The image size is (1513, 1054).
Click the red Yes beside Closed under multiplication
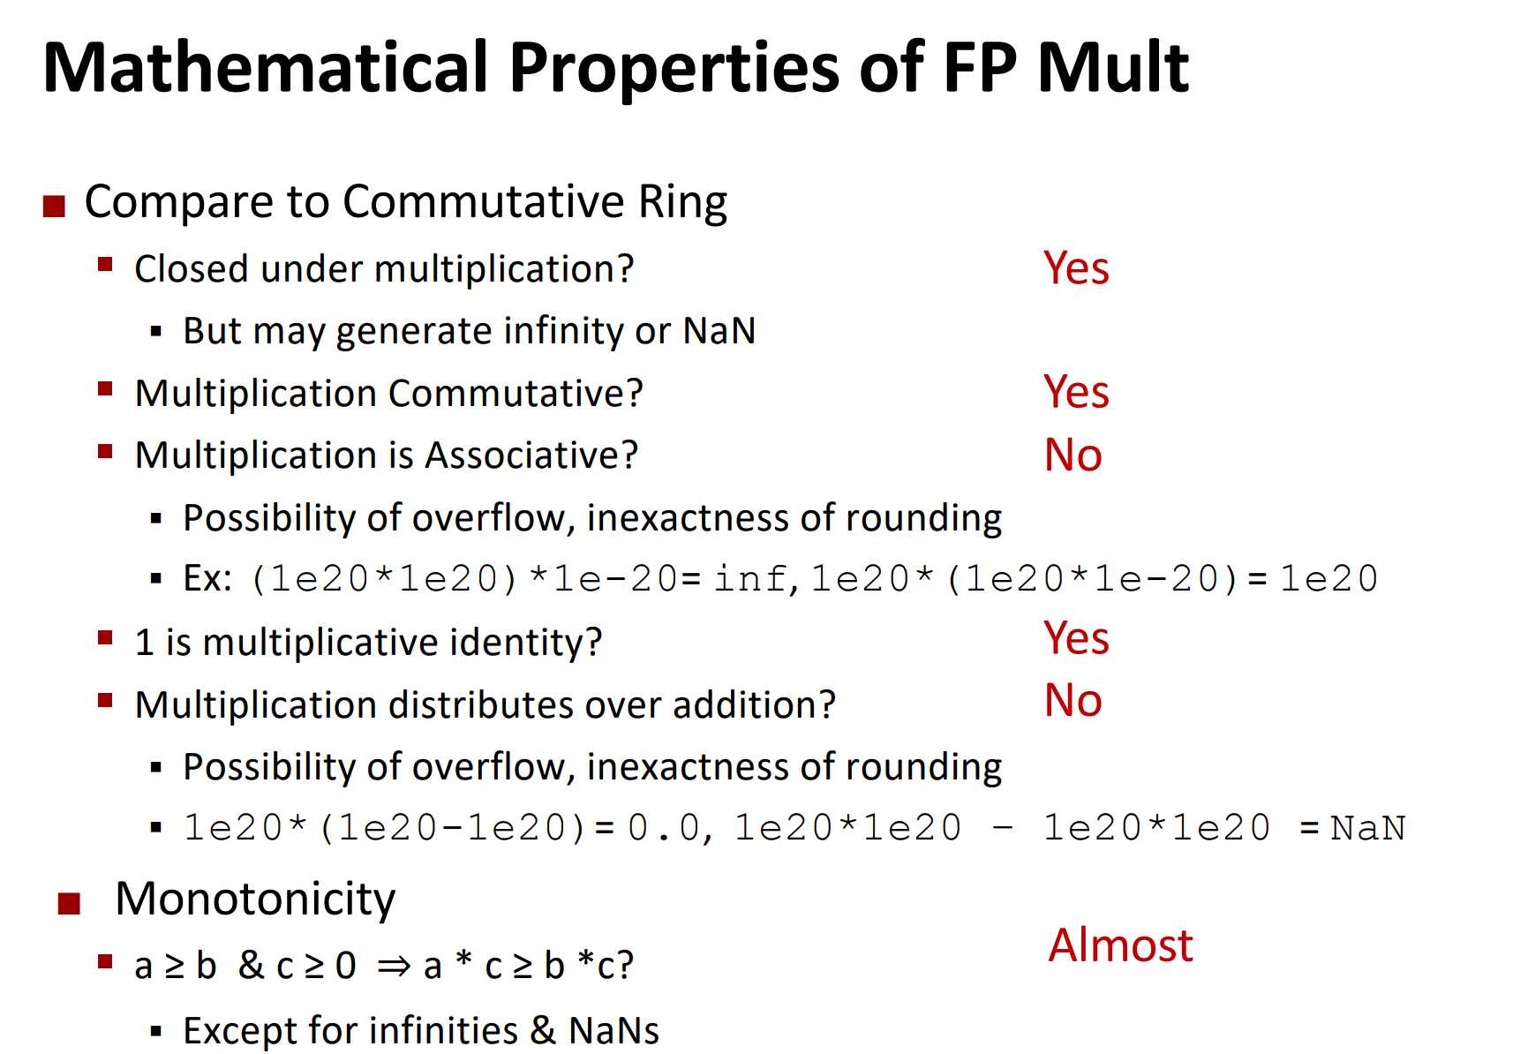point(1076,268)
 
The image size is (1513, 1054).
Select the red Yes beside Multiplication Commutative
point(1076,392)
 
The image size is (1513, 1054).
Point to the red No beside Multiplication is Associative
point(1073,455)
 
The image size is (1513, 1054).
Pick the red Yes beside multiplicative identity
point(1076,638)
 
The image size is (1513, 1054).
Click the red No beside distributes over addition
point(1073,700)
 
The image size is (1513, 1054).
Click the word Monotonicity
point(255,900)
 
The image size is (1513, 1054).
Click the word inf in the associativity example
point(749,578)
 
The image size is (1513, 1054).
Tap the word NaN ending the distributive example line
point(1367,828)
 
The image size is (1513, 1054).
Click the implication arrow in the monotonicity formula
point(394,966)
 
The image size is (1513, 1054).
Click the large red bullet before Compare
point(54,206)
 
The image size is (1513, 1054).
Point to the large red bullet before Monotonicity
point(70,903)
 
